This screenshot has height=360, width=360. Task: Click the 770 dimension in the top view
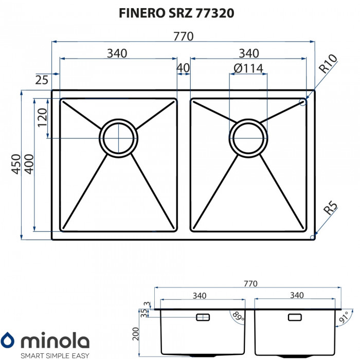coord(183,37)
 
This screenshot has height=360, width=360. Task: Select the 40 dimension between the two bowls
coord(183,68)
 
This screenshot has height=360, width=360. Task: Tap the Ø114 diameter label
coord(248,68)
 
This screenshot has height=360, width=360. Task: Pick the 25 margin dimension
coord(42,79)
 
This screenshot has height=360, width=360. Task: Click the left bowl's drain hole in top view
coord(119,137)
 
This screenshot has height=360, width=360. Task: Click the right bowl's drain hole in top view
coord(248,137)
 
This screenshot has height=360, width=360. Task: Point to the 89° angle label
coord(238,315)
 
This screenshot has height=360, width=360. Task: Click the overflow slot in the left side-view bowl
coord(203,317)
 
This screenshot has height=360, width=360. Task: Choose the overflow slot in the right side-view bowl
coord(295,317)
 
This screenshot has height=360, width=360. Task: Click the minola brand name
coord(55,340)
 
